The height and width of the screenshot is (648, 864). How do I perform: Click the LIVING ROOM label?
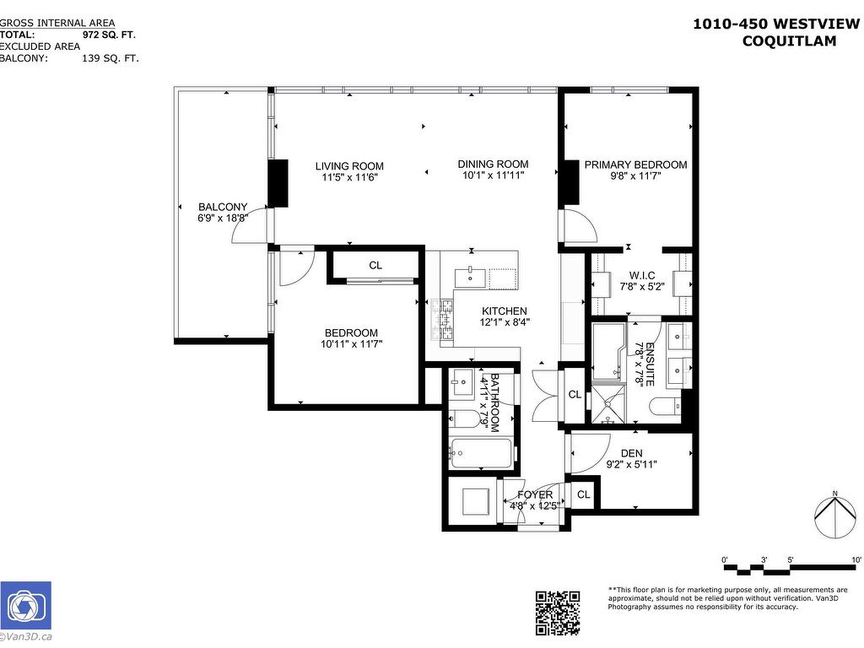coord(349,165)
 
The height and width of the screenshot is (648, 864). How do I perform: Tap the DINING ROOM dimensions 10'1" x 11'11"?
coord(494,176)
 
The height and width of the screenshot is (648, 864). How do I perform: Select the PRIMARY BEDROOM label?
coord(635,165)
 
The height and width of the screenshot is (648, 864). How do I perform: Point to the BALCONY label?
coord(223,207)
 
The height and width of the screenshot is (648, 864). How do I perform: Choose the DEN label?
coord(631,453)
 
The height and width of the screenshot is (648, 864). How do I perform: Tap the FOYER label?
coord(535,494)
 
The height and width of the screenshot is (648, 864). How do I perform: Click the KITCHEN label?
coord(505,310)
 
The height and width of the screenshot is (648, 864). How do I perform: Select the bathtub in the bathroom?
coord(480,453)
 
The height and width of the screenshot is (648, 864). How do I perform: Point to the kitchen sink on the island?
coord(470,277)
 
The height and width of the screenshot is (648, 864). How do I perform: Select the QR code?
coord(558,613)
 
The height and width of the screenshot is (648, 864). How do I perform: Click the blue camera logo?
coord(25,605)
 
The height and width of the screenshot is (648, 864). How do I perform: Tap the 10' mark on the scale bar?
coord(856,559)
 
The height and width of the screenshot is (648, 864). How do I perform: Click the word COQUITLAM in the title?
coord(789,40)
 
